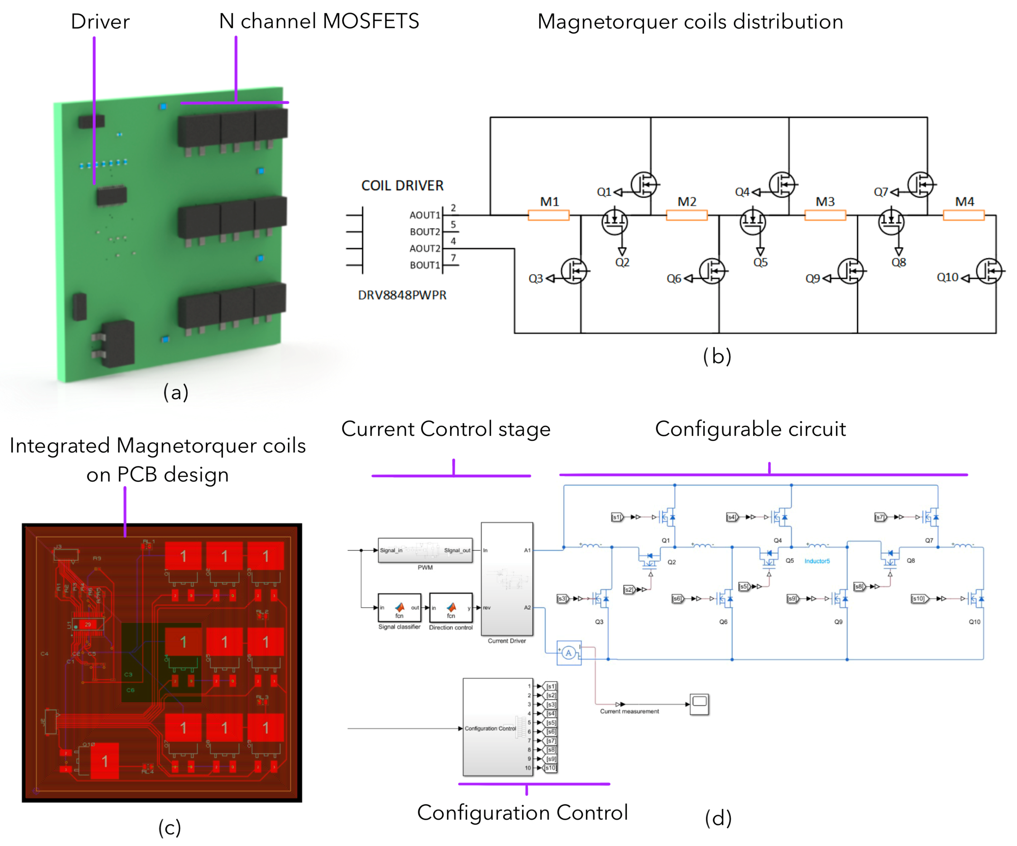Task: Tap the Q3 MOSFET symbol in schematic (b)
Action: coord(574,271)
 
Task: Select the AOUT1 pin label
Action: coord(425,215)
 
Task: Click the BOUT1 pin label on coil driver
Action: coord(425,265)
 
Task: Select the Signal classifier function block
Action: coord(399,608)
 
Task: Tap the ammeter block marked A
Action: coord(569,653)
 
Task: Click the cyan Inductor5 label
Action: coord(817,561)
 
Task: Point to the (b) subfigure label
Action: coord(717,356)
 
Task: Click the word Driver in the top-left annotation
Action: coord(100,22)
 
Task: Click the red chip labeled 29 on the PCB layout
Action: coord(88,624)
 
